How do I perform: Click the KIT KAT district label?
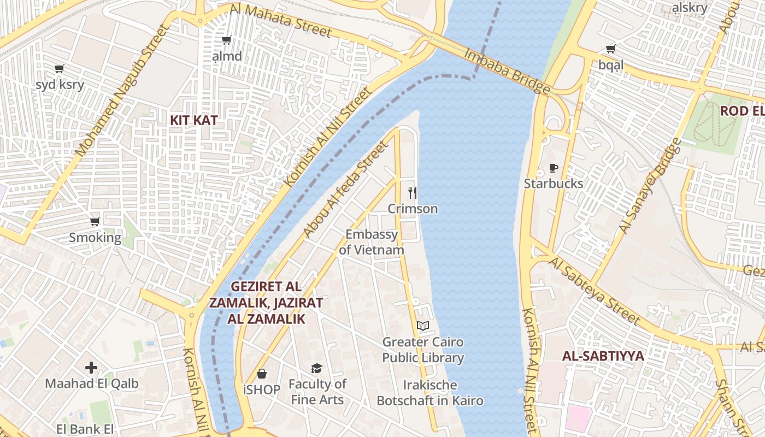click(193, 121)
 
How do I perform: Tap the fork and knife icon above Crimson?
click(413, 192)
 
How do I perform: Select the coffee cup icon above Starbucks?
click(553, 168)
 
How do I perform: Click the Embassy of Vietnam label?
click(372, 242)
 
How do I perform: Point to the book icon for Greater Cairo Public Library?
click(423, 326)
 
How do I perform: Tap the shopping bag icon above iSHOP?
click(262, 374)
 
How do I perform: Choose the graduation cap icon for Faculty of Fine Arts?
click(316, 368)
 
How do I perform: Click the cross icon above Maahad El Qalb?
click(91, 368)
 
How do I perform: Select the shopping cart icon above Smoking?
click(95, 222)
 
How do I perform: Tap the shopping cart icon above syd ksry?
click(60, 69)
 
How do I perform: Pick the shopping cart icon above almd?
click(226, 40)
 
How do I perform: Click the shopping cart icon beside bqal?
click(610, 49)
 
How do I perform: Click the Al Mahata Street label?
click(281, 21)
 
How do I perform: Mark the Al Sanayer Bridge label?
click(650, 186)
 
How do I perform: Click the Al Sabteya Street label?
click(594, 291)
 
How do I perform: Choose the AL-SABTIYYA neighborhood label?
click(603, 356)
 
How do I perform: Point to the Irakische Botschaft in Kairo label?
click(430, 393)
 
